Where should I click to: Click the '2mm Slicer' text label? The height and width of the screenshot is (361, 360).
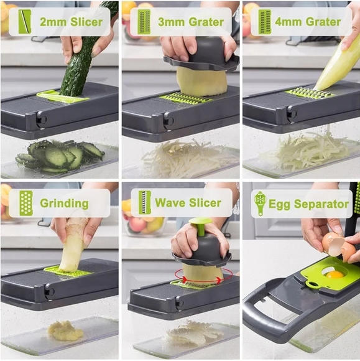coord(71,22)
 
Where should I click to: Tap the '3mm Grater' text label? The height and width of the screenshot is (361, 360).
coord(190,22)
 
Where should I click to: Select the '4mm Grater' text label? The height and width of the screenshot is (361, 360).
coord(308,22)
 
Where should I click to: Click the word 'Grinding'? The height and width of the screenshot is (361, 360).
coord(64,203)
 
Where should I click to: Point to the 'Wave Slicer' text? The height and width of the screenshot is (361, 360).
coord(188,203)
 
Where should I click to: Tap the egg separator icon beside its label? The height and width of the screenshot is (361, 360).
coord(259,204)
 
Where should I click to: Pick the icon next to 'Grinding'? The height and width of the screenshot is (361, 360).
coord(25,203)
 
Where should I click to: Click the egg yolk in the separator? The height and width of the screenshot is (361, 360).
coord(335,274)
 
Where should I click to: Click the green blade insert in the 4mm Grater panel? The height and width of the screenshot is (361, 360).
coord(309,93)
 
